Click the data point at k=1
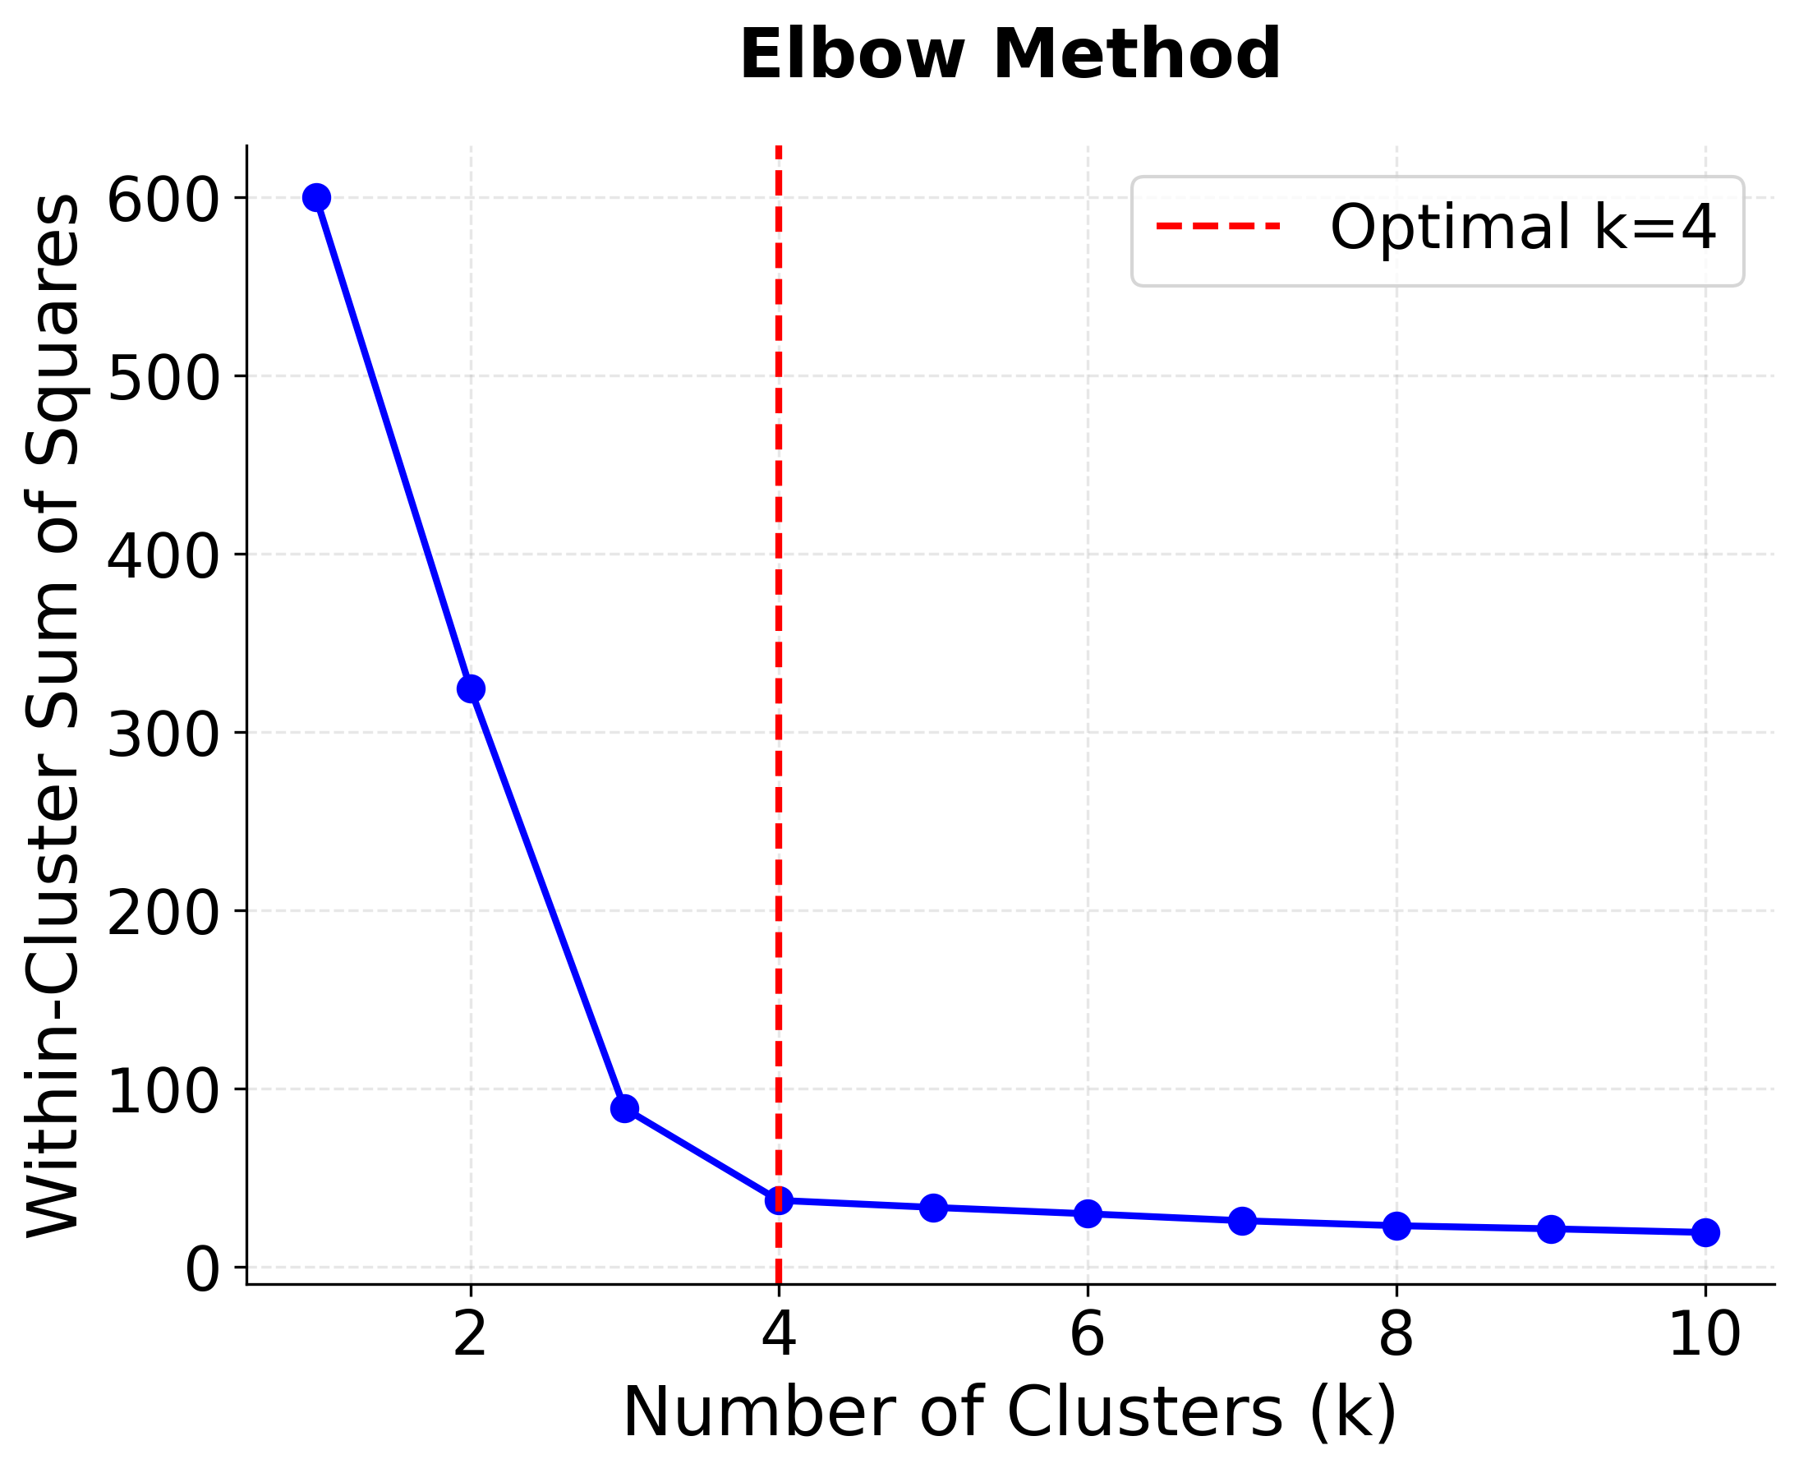pyautogui.click(x=316, y=198)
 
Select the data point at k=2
pyautogui.click(x=471, y=689)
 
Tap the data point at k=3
pyautogui.click(x=624, y=1109)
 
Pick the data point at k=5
pyautogui.click(x=933, y=1208)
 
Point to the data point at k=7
pyautogui.click(x=1242, y=1221)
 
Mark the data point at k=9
pyautogui.click(x=1551, y=1229)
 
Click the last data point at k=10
pyautogui.click(x=1705, y=1233)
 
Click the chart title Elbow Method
pyautogui.click(x=1010, y=55)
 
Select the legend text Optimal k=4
pyautogui.click(x=1523, y=228)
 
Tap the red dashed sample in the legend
pyautogui.click(x=1217, y=227)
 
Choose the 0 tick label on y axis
pyautogui.click(x=202, y=1270)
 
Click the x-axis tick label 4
pyautogui.click(x=778, y=1336)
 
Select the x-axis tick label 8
pyautogui.click(x=1396, y=1336)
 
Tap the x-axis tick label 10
pyautogui.click(x=1705, y=1336)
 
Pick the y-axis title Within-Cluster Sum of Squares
pyautogui.click(x=53, y=716)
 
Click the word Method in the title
pyautogui.click(x=1136, y=55)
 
